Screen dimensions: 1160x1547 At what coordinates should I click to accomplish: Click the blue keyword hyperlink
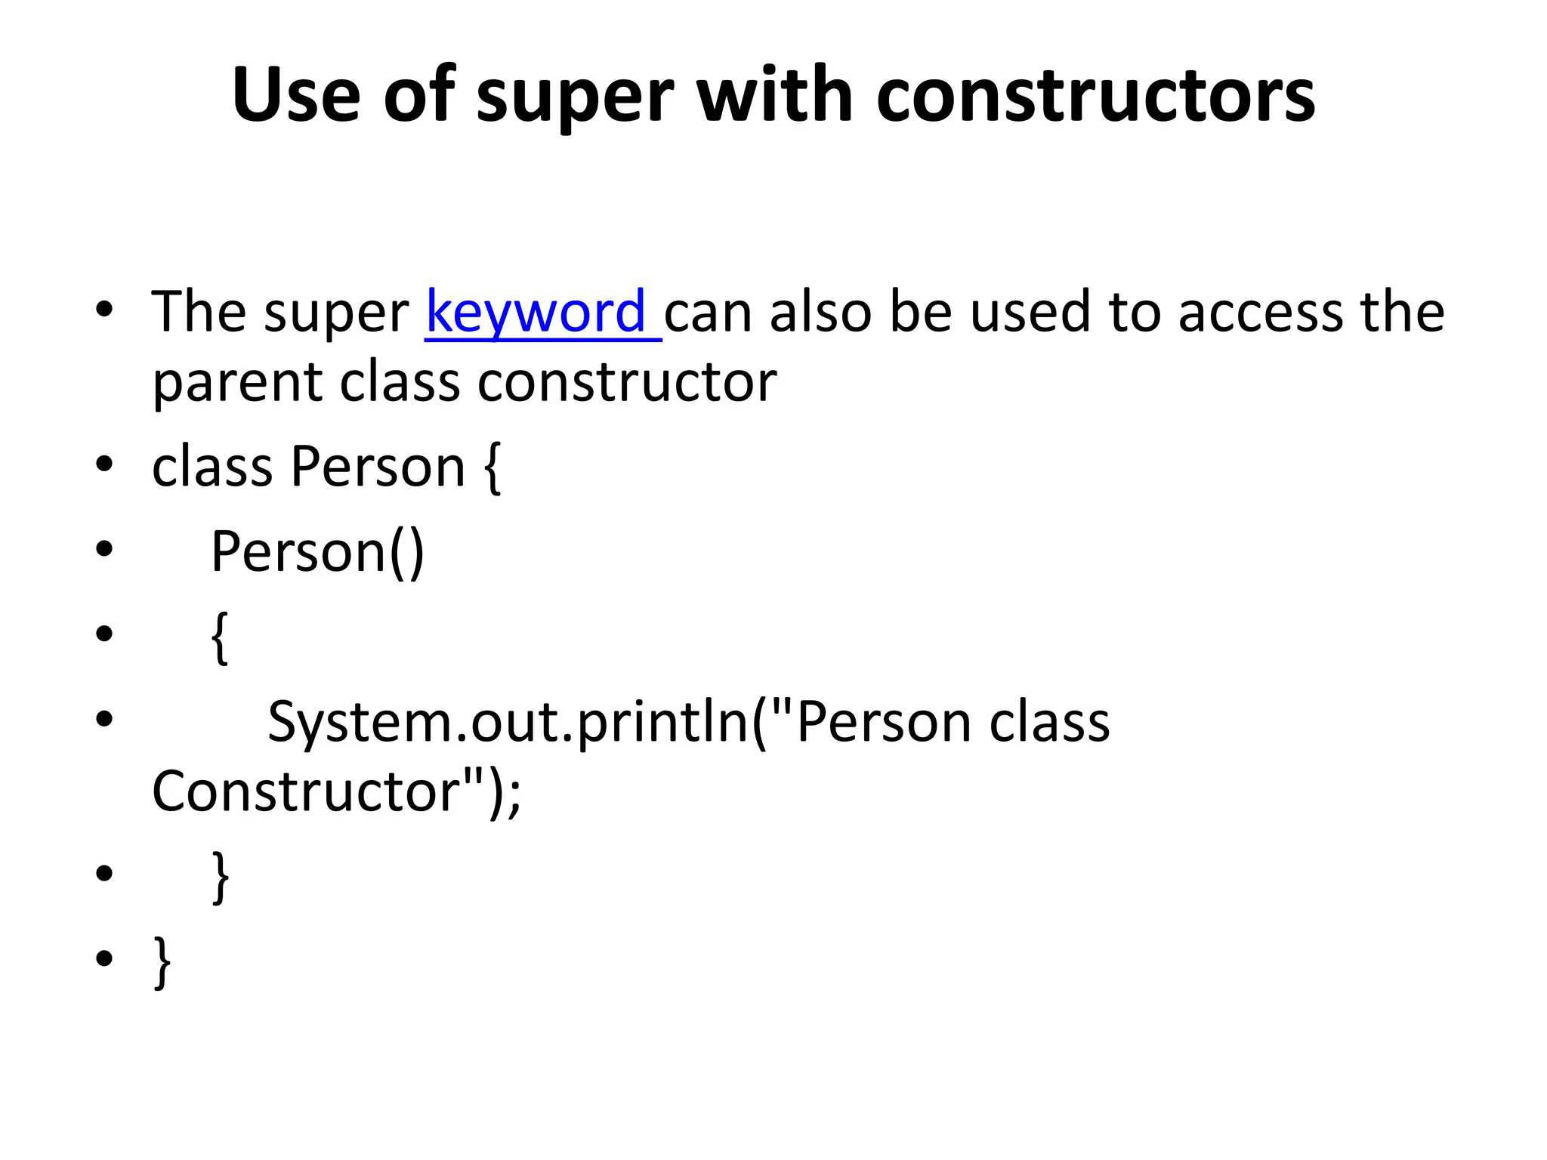(536, 312)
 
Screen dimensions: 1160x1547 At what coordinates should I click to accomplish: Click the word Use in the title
(296, 95)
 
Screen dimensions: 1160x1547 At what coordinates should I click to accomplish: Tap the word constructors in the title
(1095, 95)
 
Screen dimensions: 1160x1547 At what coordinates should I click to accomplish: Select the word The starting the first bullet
(198, 312)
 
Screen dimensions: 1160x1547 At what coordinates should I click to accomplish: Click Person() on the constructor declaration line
(317, 552)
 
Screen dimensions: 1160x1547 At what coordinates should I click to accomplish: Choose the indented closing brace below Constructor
(220, 877)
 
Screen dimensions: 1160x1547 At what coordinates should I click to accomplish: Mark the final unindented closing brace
(162, 962)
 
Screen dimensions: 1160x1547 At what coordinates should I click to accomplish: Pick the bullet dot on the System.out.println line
(104, 718)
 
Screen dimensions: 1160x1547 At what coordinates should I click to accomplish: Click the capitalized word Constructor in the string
(307, 791)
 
